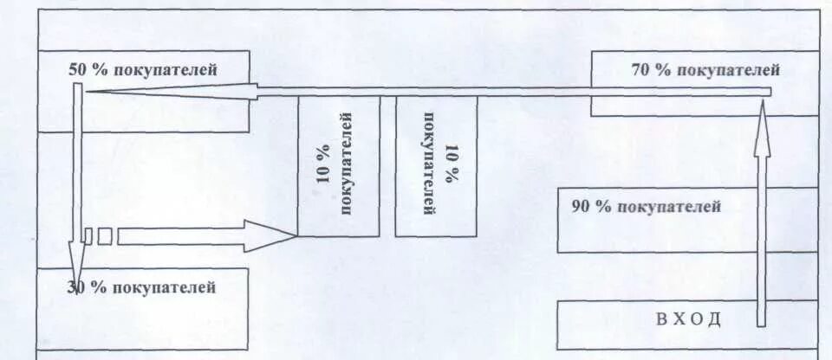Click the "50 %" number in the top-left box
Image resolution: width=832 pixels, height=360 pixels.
[86, 69]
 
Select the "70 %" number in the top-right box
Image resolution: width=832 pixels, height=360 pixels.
[652, 70]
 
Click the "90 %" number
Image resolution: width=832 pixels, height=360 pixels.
[591, 207]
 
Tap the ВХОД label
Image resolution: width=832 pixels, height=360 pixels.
[689, 318]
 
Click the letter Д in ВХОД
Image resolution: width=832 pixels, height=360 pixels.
[716, 318]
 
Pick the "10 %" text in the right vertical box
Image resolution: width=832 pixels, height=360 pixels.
[452, 164]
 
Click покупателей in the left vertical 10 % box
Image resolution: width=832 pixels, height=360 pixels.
[347, 162]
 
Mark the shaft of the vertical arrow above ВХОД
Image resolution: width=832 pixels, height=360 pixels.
[761, 234]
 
